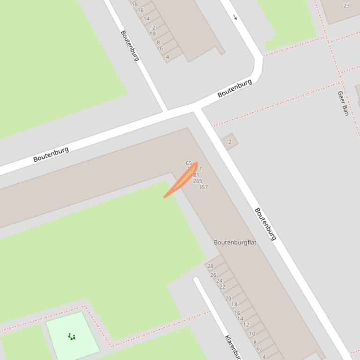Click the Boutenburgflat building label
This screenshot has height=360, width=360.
[235, 242]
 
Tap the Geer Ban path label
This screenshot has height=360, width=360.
[343, 103]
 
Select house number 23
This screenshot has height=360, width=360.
[346, 6]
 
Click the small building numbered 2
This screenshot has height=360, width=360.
[229, 142]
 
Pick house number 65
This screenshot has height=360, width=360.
[189, 163]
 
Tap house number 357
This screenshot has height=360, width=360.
[203, 187]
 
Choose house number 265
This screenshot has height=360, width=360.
[198, 181]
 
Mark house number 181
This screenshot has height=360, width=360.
[195, 175]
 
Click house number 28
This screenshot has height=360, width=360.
[210, 266]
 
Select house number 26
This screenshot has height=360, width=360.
[213, 275]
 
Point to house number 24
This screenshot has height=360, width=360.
[219, 281]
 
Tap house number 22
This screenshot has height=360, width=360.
[222, 287]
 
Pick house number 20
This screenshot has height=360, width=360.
[228, 298]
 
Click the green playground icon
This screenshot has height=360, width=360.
[72, 336]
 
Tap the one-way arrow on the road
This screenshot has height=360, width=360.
[235, 18]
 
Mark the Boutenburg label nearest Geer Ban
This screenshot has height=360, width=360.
[235, 88]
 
